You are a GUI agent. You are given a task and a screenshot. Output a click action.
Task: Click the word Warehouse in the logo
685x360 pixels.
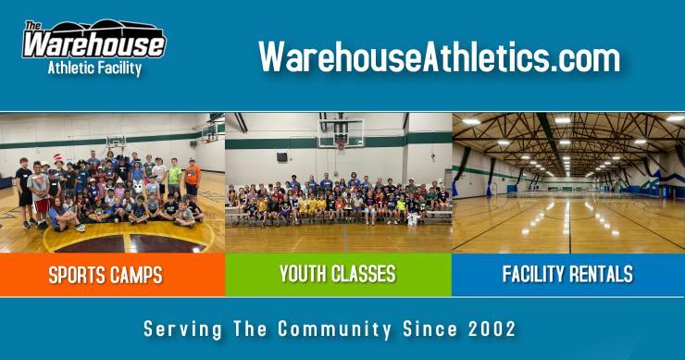click(93, 44)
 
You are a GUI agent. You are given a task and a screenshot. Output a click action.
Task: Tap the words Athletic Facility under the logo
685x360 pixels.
click(94, 68)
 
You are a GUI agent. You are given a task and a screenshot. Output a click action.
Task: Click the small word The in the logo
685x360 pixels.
click(32, 26)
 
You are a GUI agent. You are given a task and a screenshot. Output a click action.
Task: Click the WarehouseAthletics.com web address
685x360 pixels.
click(439, 56)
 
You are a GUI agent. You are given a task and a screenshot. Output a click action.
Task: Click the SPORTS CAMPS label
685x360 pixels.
click(106, 275)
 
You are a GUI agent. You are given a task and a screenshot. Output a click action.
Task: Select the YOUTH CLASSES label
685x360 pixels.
click(338, 274)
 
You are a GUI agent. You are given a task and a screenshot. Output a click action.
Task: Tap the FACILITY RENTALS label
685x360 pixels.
click(567, 274)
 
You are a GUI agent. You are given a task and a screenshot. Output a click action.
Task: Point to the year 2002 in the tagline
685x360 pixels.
click(492, 329)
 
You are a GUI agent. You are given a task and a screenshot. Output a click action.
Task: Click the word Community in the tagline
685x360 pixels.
click(334, 329)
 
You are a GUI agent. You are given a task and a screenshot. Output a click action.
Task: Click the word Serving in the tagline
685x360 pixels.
click(182, 329)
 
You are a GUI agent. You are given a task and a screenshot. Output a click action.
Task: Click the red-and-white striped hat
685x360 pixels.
click(58, 158)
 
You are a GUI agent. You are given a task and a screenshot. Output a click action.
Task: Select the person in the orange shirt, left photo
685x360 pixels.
click(192, 180)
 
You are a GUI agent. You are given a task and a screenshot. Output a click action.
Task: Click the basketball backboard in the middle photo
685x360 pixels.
click(341, 133)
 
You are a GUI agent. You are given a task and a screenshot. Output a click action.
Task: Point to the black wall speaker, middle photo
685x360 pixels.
click(282, 157)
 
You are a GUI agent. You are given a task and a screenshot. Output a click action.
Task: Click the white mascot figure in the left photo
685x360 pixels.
click(138, 187)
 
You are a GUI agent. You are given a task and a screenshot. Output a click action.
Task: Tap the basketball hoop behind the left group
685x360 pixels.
click(116, 142)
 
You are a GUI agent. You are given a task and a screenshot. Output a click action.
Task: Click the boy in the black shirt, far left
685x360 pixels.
click(24, 192)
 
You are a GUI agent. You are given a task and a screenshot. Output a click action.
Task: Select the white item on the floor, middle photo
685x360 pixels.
click(413, 219)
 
